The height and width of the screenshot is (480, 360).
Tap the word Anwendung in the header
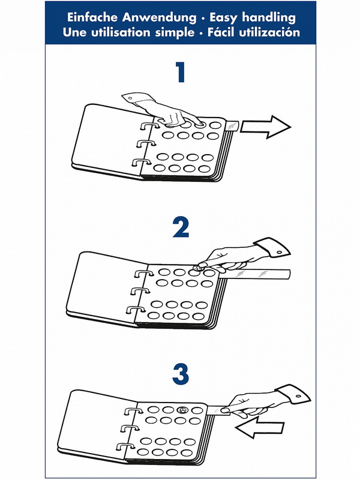pos(159,18)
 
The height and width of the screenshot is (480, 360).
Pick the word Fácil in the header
pos(221,32)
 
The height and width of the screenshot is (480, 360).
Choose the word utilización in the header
pos(269,32)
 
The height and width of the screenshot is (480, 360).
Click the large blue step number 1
pos(181,72)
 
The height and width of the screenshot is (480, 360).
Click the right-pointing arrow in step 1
pos(265,127)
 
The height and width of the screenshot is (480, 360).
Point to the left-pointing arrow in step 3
pos(260,427)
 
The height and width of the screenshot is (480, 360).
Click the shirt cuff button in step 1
pos(130,98)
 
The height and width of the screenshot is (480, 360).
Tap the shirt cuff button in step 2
pos(279,252)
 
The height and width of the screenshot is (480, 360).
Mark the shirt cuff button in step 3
pos(298,397)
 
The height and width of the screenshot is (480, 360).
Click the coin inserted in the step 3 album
pos(183,410)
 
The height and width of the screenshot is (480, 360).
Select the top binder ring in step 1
pos(149,126)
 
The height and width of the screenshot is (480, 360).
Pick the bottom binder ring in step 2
pos(136,311)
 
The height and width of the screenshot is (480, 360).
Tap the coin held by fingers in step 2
pos(197,268)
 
